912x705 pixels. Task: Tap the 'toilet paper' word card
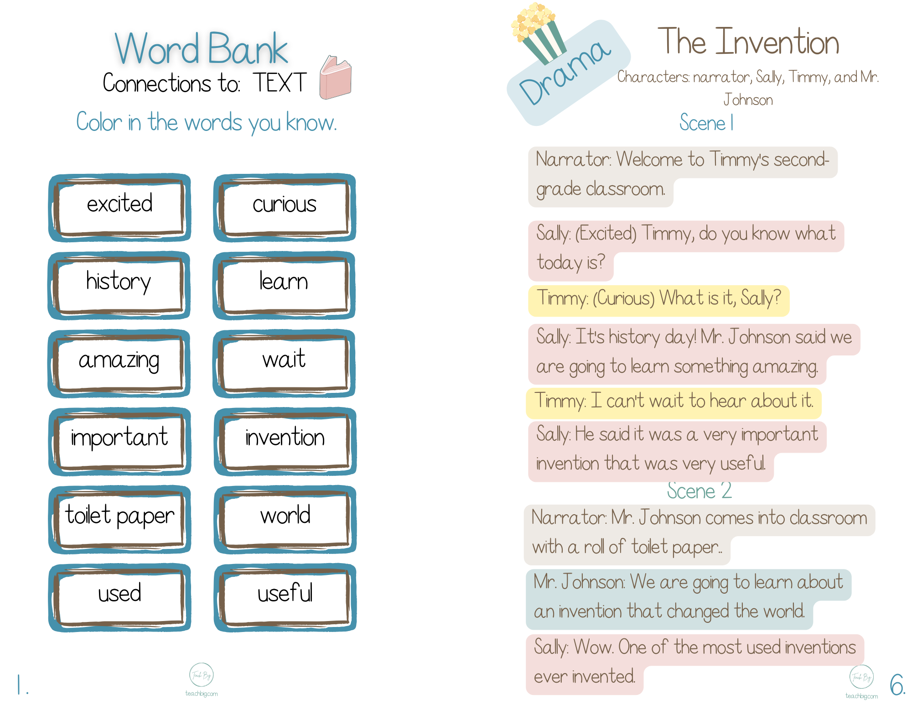coord(119,519)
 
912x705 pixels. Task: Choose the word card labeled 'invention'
coord(285,441)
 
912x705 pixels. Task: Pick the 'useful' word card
coord(285,597)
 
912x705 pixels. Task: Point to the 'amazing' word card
coord(119,363)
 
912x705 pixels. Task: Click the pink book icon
coord(335,78)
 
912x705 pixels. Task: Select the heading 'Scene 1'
coord(706,123)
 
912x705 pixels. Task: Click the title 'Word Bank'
coord(201,48)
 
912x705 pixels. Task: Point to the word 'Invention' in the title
coord(777,42)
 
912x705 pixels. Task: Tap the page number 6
coord(897,684)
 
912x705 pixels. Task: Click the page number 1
coord(21,685)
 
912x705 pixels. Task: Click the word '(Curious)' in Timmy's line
coord(624,299)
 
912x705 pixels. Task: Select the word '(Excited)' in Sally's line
coord(606,234)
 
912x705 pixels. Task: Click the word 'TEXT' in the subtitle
coord(280,83)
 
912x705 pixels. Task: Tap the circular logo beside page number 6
coord(861,677)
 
